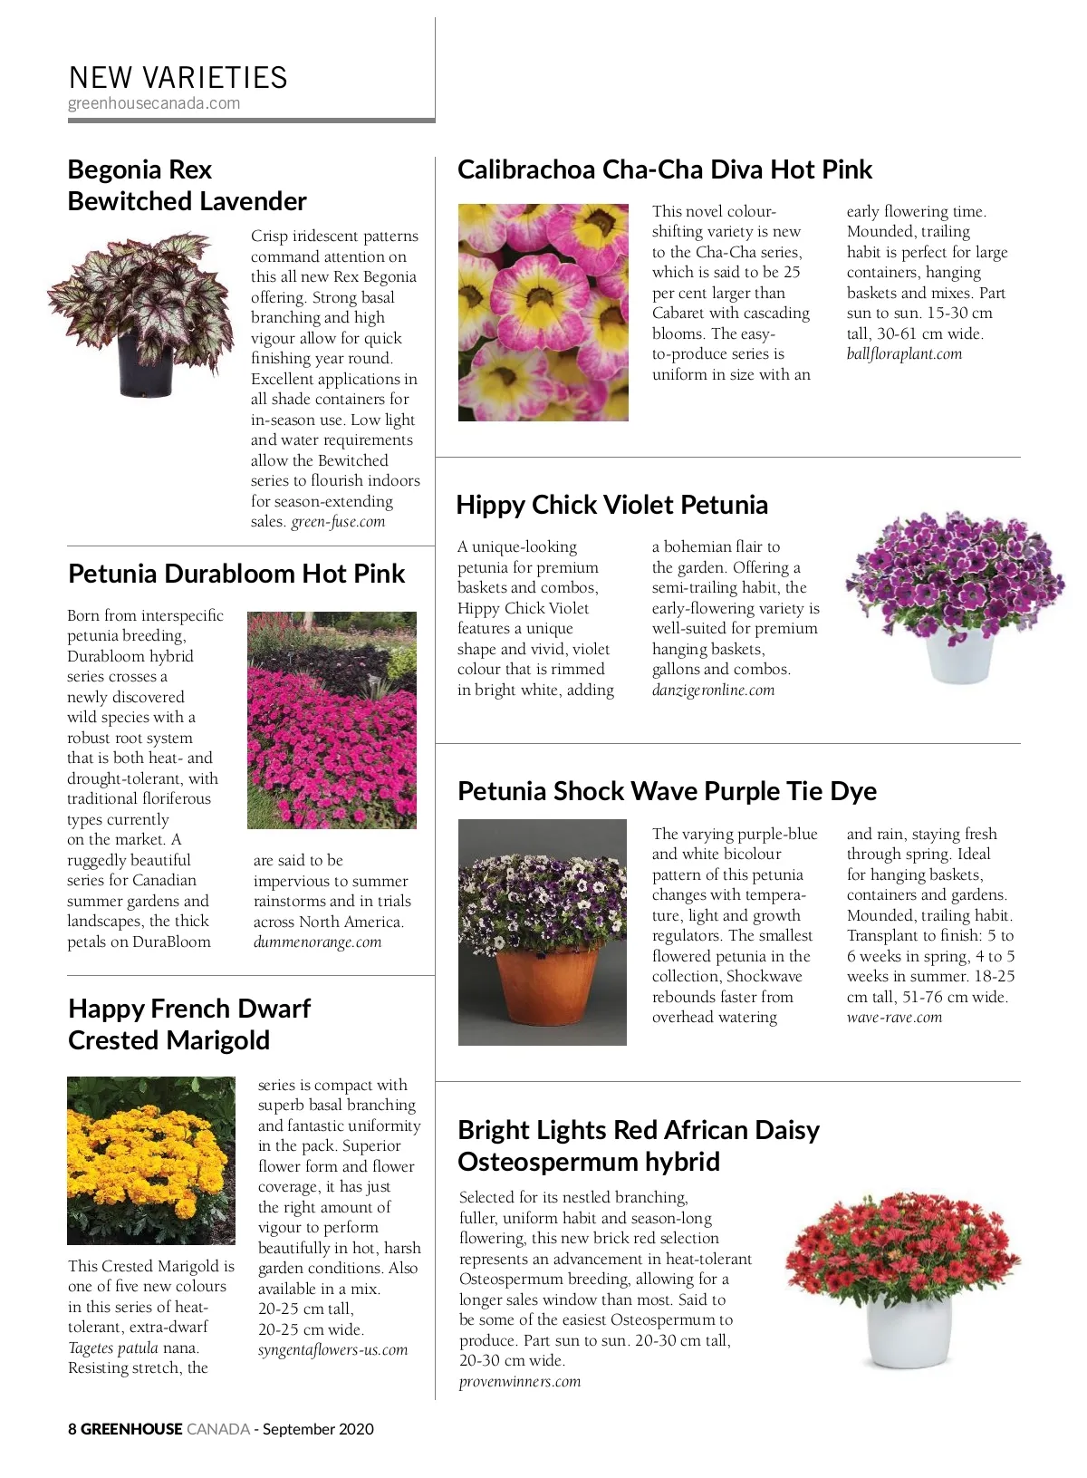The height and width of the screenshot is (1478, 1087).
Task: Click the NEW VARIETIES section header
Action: [x=178, y=78]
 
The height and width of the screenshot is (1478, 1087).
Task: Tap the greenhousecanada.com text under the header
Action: [x=154, y=103]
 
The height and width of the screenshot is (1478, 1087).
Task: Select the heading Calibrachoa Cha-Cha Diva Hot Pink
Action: [x=664, y=169]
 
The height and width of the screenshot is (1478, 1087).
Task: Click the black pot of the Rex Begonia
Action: [x=145, y=364]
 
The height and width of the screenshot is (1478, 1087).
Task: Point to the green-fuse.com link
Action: [x=338, y=522]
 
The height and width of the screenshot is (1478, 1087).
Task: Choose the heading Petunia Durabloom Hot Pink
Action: [x=236, y=574]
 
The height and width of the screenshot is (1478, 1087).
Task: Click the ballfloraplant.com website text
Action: [x=904, y=354]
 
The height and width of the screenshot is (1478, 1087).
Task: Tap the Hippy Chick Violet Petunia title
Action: [x=611, y=505]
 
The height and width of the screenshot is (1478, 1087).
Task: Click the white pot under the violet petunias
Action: [x=959, y=656]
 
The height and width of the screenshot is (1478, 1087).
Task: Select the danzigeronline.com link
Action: [x=713, y=691]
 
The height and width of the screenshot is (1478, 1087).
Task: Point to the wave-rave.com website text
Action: [x=894, y=1018]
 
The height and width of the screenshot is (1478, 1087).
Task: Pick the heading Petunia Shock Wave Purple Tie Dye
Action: [x=667, y=791]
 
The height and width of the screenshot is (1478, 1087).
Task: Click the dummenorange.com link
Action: [x=317, y=942]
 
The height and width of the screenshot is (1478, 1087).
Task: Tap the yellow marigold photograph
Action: [x=150, y=1160]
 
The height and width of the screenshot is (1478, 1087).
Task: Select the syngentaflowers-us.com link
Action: [x=332, y=1350]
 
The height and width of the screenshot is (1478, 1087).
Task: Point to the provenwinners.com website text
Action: [x=519, y=1382]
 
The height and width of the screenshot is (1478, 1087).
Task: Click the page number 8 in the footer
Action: [x=72, y=1429]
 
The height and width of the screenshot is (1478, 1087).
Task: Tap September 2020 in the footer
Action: [x=318, y=1429]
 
